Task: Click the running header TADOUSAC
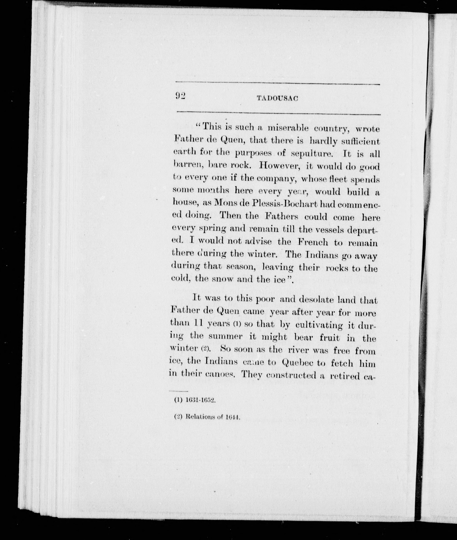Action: [x=277, y=98]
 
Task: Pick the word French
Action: [x=312, y=242]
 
